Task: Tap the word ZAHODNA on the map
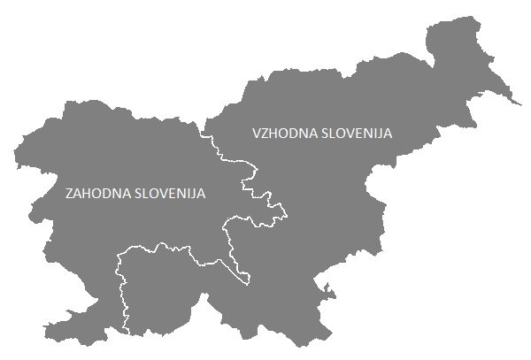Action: pyautogui.click(x=96, y=193)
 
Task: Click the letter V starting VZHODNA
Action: pyautogui.click(x=257, y=133)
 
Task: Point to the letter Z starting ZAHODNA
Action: pyautogui.click(x=70, y=193)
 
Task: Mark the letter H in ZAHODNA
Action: pyautogui.click(x=89, y=193)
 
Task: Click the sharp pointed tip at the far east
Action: pyautogui.click(x=519, y=104)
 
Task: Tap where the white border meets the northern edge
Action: pyautogui.click(x=203, y=133)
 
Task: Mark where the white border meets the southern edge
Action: pyautogui.click(x=127, y=333)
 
